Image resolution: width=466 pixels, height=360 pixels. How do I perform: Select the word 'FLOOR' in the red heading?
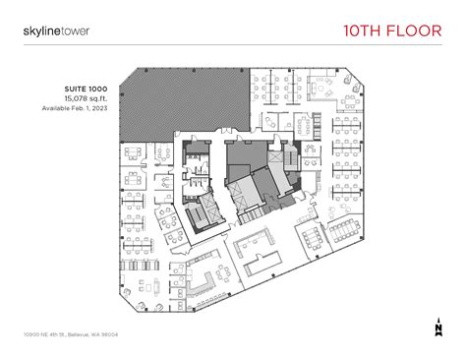[415, 30]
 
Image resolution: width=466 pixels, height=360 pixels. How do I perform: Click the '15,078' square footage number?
[74, 99]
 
